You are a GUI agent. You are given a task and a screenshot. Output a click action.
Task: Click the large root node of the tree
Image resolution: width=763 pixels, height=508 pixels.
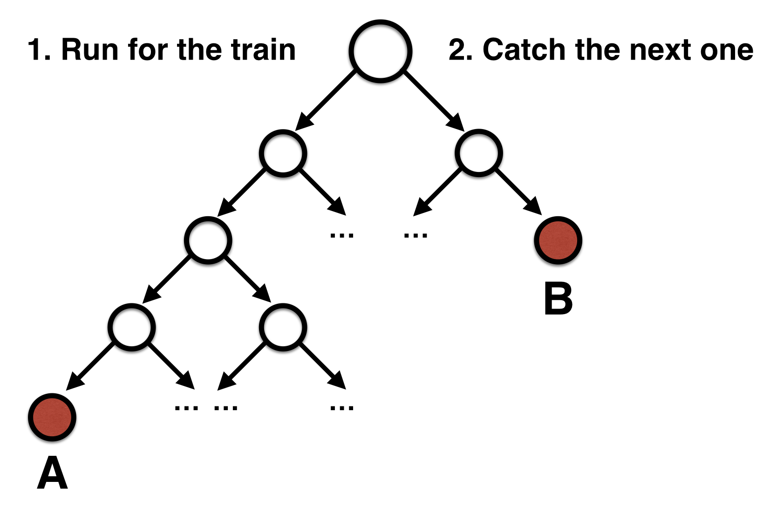[x=381, y=51]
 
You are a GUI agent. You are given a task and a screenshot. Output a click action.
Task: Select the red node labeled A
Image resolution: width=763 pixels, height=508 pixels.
[x=52, y=417]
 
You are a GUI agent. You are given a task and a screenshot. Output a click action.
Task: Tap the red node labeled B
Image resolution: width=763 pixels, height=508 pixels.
[x=558, y=240]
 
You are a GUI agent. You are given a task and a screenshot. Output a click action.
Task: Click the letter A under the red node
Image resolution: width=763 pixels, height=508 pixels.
[x=52, y=473]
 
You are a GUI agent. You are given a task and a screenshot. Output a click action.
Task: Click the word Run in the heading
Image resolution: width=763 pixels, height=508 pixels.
[x=90, y=50]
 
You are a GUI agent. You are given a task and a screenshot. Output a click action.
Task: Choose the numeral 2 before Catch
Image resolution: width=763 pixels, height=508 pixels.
[x=457, y=50]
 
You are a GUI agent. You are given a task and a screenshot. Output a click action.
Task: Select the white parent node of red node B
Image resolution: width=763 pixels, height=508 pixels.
[x=478, y=153]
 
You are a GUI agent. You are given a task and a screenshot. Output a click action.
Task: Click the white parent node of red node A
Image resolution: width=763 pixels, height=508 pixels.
[x=132, y=327]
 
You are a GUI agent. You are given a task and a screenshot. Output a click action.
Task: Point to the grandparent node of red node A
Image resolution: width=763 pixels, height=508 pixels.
[x=208, y=240]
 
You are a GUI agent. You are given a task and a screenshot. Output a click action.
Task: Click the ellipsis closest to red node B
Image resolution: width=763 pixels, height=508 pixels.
[x=415, y=235]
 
